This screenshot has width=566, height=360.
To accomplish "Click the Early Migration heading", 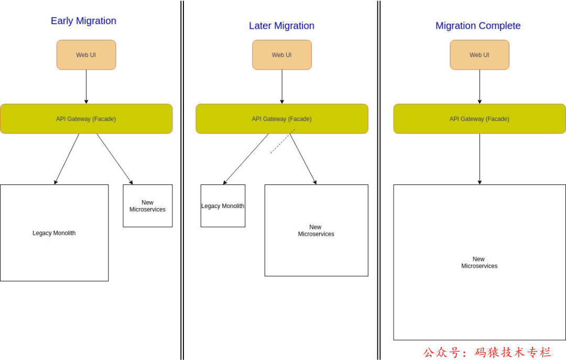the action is (x=83, y=21).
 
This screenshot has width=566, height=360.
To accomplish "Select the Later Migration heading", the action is (x=281, y=26).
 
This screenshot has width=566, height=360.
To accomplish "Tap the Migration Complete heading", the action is (x=478, y=26).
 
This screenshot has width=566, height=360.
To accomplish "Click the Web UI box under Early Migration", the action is (x=86, y=55).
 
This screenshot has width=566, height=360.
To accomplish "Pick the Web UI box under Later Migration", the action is (x=282, y=55).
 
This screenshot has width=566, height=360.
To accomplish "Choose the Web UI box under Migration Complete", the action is (x=480, y=55).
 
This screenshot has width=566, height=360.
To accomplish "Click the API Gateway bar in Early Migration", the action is (x=86, y=119).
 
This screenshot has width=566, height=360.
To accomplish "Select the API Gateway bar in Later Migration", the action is (x=282, y=119).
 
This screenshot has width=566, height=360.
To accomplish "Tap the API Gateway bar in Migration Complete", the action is (x=480, y=119).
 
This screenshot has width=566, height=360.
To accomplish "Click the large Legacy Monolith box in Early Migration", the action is (x=54, y=233).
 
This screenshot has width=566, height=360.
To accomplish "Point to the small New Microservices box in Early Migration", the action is (x=148, y=206).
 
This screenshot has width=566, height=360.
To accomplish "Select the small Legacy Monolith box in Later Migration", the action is (x=223, y=206).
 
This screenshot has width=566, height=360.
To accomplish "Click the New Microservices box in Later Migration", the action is (x=316, y=231).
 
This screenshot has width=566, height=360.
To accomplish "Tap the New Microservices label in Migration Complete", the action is (x=479, y=263).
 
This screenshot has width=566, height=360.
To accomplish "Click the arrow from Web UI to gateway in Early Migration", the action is (x=86, y=86).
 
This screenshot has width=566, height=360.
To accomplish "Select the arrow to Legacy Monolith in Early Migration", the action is (x=67, y=159).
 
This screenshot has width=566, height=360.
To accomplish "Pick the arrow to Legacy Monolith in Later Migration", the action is (x=246, y=159).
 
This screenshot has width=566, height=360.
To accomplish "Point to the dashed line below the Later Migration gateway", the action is (x=282, y=141).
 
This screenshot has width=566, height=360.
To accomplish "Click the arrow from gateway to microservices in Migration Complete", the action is (x=480, y=159).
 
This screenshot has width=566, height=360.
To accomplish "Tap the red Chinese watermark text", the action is (x=487, y=352).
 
